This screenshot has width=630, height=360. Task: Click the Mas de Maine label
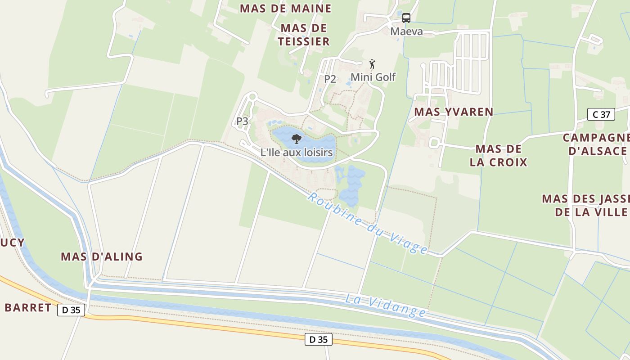point(286,9)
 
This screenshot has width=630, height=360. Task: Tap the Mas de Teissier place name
point(304,35)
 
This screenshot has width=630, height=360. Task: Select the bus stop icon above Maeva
point(406,18)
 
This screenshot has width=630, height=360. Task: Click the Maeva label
point(406,31)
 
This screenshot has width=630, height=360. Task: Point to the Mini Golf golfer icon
point(372,63)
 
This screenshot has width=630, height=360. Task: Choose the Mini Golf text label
point(373,77)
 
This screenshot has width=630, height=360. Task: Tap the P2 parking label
point(330,79)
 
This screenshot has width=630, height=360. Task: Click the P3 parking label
point(242,121)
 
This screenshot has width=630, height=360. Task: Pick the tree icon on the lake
point(296,139)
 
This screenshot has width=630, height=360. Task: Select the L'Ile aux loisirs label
point(297,153)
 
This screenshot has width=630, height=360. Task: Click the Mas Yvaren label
point(454,112)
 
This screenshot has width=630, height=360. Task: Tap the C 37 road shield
point(601,114)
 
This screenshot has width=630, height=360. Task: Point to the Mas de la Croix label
point(498,155)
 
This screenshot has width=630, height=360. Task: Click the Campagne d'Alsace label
point(596,144)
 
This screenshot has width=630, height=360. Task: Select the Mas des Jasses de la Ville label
point(585,205)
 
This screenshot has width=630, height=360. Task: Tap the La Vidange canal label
point(386,306)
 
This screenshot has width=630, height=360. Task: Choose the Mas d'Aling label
point(102,256)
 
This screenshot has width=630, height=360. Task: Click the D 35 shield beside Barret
point(71,310)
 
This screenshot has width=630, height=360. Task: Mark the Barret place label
point(28,308)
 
